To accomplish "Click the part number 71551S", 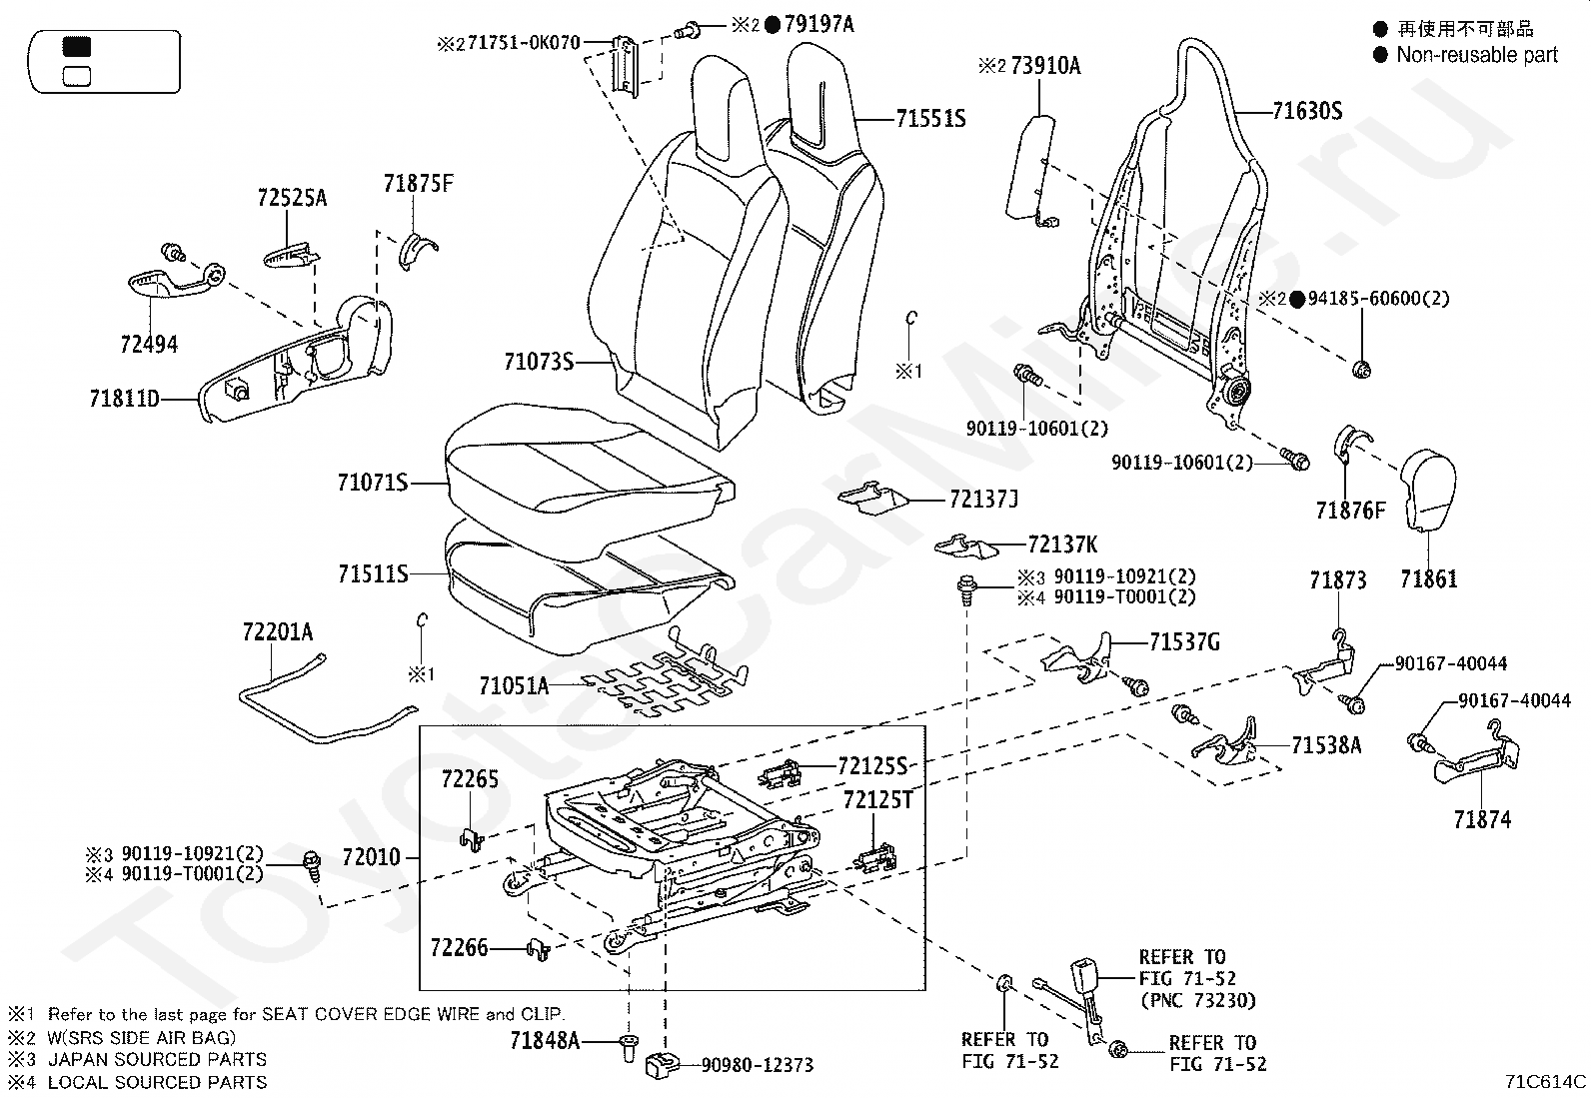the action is point(930,119).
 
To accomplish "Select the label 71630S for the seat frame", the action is point(1307,112).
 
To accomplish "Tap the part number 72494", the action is point(149,345).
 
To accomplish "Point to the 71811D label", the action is point(124,399).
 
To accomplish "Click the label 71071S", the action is point(373,483).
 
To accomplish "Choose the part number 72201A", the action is point(278,631).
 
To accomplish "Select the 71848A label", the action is point(545,1040).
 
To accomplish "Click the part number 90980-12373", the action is point(758,1065).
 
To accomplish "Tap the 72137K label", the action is point(1062,545).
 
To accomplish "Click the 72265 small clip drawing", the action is point(472,839).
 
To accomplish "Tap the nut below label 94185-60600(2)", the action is point(1361,370).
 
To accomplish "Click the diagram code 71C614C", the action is point(1546,1081).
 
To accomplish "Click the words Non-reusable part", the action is point(1477,55).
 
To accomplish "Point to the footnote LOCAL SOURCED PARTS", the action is point(158,1082).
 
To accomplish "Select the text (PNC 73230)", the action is point(1198,1001).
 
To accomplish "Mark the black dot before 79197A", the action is point(773,25).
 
